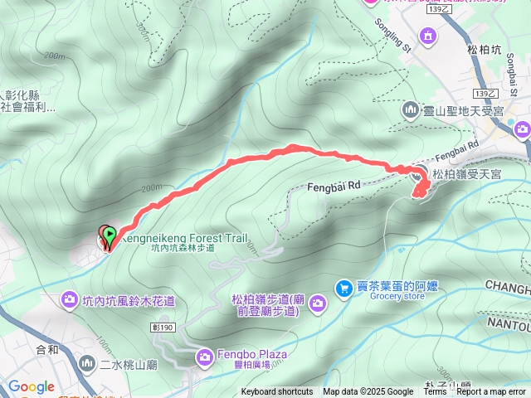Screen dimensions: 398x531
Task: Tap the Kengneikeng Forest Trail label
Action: click(182, 238)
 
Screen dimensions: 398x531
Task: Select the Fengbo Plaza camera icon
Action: click(204, 357)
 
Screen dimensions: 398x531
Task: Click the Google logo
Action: click(31, 386)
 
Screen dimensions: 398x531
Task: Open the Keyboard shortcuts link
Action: click(277, 392)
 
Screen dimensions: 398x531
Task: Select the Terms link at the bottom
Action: click(435, 392)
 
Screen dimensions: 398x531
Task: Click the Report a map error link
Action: click(491, 392)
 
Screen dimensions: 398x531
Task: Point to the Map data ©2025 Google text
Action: click(368, 392)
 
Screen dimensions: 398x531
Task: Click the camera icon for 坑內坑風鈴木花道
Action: click(70, 299)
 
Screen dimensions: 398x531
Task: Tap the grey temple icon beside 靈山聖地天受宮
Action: click(410, 109)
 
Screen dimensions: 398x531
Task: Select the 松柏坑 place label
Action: click(484, 49)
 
